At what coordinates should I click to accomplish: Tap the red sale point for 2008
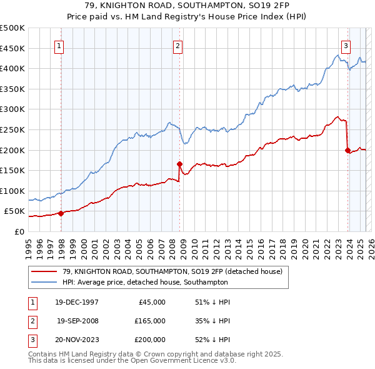(179, 164)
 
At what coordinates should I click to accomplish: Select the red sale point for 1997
(61, 213)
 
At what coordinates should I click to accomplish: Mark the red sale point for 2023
(347, 150)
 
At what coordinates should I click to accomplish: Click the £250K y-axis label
(12, 129)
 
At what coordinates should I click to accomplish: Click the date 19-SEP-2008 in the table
(77, 321)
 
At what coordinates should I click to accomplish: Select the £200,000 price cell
(150, 340)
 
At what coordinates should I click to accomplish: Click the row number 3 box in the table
(31, 340)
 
